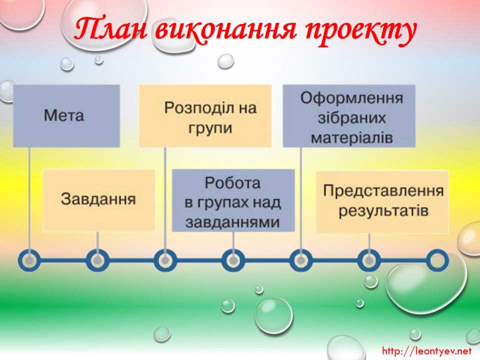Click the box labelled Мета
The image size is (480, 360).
[x=66, y=115]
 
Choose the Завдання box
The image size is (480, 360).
[x=98, y=200]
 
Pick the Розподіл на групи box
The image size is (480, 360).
[x=205, y=115]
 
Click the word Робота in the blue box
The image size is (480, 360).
[x=232, y=183]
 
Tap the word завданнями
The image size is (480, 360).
[x=232, y=222]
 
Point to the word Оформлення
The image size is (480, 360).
[x=351, y=99]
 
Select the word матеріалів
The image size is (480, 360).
[x=351, y=138]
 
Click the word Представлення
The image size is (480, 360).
[x=383, y=190]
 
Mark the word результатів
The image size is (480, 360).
[x=383, y=211]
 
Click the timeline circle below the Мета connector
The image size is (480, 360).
[x=29, y=260]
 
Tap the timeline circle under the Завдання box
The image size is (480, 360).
[x=97, y=260]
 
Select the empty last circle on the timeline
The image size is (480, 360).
[x=437, y=260]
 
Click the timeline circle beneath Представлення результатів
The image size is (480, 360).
[x=369, y=260]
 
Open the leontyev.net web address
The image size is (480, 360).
[x=426, y=350]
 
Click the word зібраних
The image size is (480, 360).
[x=351, y=118]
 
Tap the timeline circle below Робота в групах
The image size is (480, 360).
[x=233, y=260]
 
